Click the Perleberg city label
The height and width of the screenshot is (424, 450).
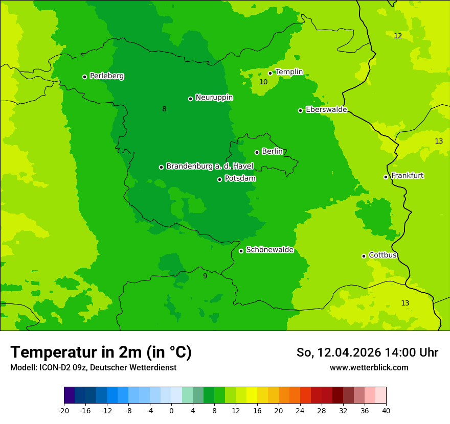click(106, 76)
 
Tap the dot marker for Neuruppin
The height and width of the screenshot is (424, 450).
click(190, 99)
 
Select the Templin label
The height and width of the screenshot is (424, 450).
click(289, 72)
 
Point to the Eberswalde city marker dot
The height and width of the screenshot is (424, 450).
click(300, 110)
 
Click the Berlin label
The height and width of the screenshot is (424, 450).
click(272, 152)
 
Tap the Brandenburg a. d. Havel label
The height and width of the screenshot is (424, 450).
click(210, 167)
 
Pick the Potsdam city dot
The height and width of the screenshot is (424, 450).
click(219, 179)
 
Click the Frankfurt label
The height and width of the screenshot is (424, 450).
click(407, 176)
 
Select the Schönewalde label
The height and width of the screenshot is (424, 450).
click(269, 250)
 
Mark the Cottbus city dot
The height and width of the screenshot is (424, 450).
click(364, 256)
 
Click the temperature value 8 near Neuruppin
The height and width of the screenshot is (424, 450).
click(164, 109)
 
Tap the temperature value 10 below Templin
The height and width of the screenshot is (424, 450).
click(263, 82)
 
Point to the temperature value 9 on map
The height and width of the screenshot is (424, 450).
click(205, 276)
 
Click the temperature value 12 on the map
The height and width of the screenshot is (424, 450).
click(398, 36)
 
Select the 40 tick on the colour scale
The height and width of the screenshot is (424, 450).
click(386, 410)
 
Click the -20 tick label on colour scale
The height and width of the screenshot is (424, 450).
click(64, 410)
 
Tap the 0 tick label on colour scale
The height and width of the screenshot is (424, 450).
click(171, 410)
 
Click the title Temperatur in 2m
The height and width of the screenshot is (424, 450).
click(101, 352)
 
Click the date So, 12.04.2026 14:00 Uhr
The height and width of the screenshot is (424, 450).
click(367, 352)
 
